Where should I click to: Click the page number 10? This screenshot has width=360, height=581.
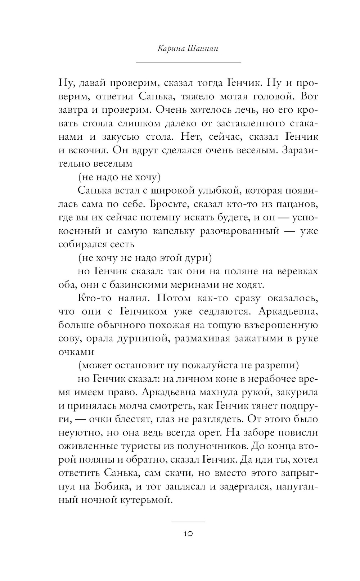pos(188,534)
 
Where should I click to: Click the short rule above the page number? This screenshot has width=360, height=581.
pos(188,522)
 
